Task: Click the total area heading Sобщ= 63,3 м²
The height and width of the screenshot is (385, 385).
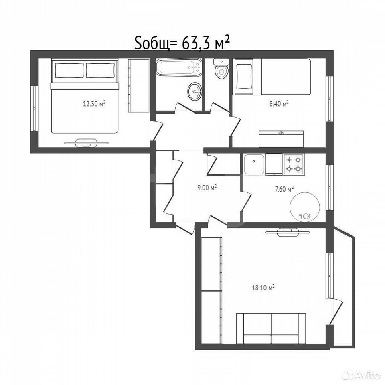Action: point(182,43)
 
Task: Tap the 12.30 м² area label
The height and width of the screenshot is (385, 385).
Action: point(94,104)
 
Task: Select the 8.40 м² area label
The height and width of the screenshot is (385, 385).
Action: point(279,104)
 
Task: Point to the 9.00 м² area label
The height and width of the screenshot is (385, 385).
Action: point(207,188)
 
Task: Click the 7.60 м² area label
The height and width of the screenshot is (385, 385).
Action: point(284,189)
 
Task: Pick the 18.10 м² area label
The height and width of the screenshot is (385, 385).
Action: point(263,288)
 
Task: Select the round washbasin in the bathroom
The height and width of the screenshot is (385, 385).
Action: point(195,91)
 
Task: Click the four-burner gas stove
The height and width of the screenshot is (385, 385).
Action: point(294,164)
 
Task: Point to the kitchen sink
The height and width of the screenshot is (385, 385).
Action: point(254,164)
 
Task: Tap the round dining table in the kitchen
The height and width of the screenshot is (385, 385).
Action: point(305,207)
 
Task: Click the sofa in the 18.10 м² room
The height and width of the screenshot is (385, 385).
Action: point(271,328)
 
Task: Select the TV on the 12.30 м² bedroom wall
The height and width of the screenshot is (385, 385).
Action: point(86,143)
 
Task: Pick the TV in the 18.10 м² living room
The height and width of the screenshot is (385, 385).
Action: point(287,232)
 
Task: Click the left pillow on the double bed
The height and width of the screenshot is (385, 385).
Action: point(69,71)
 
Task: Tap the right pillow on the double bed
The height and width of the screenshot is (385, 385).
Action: point(100,71)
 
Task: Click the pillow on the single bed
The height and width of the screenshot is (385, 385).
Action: point(243,76)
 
